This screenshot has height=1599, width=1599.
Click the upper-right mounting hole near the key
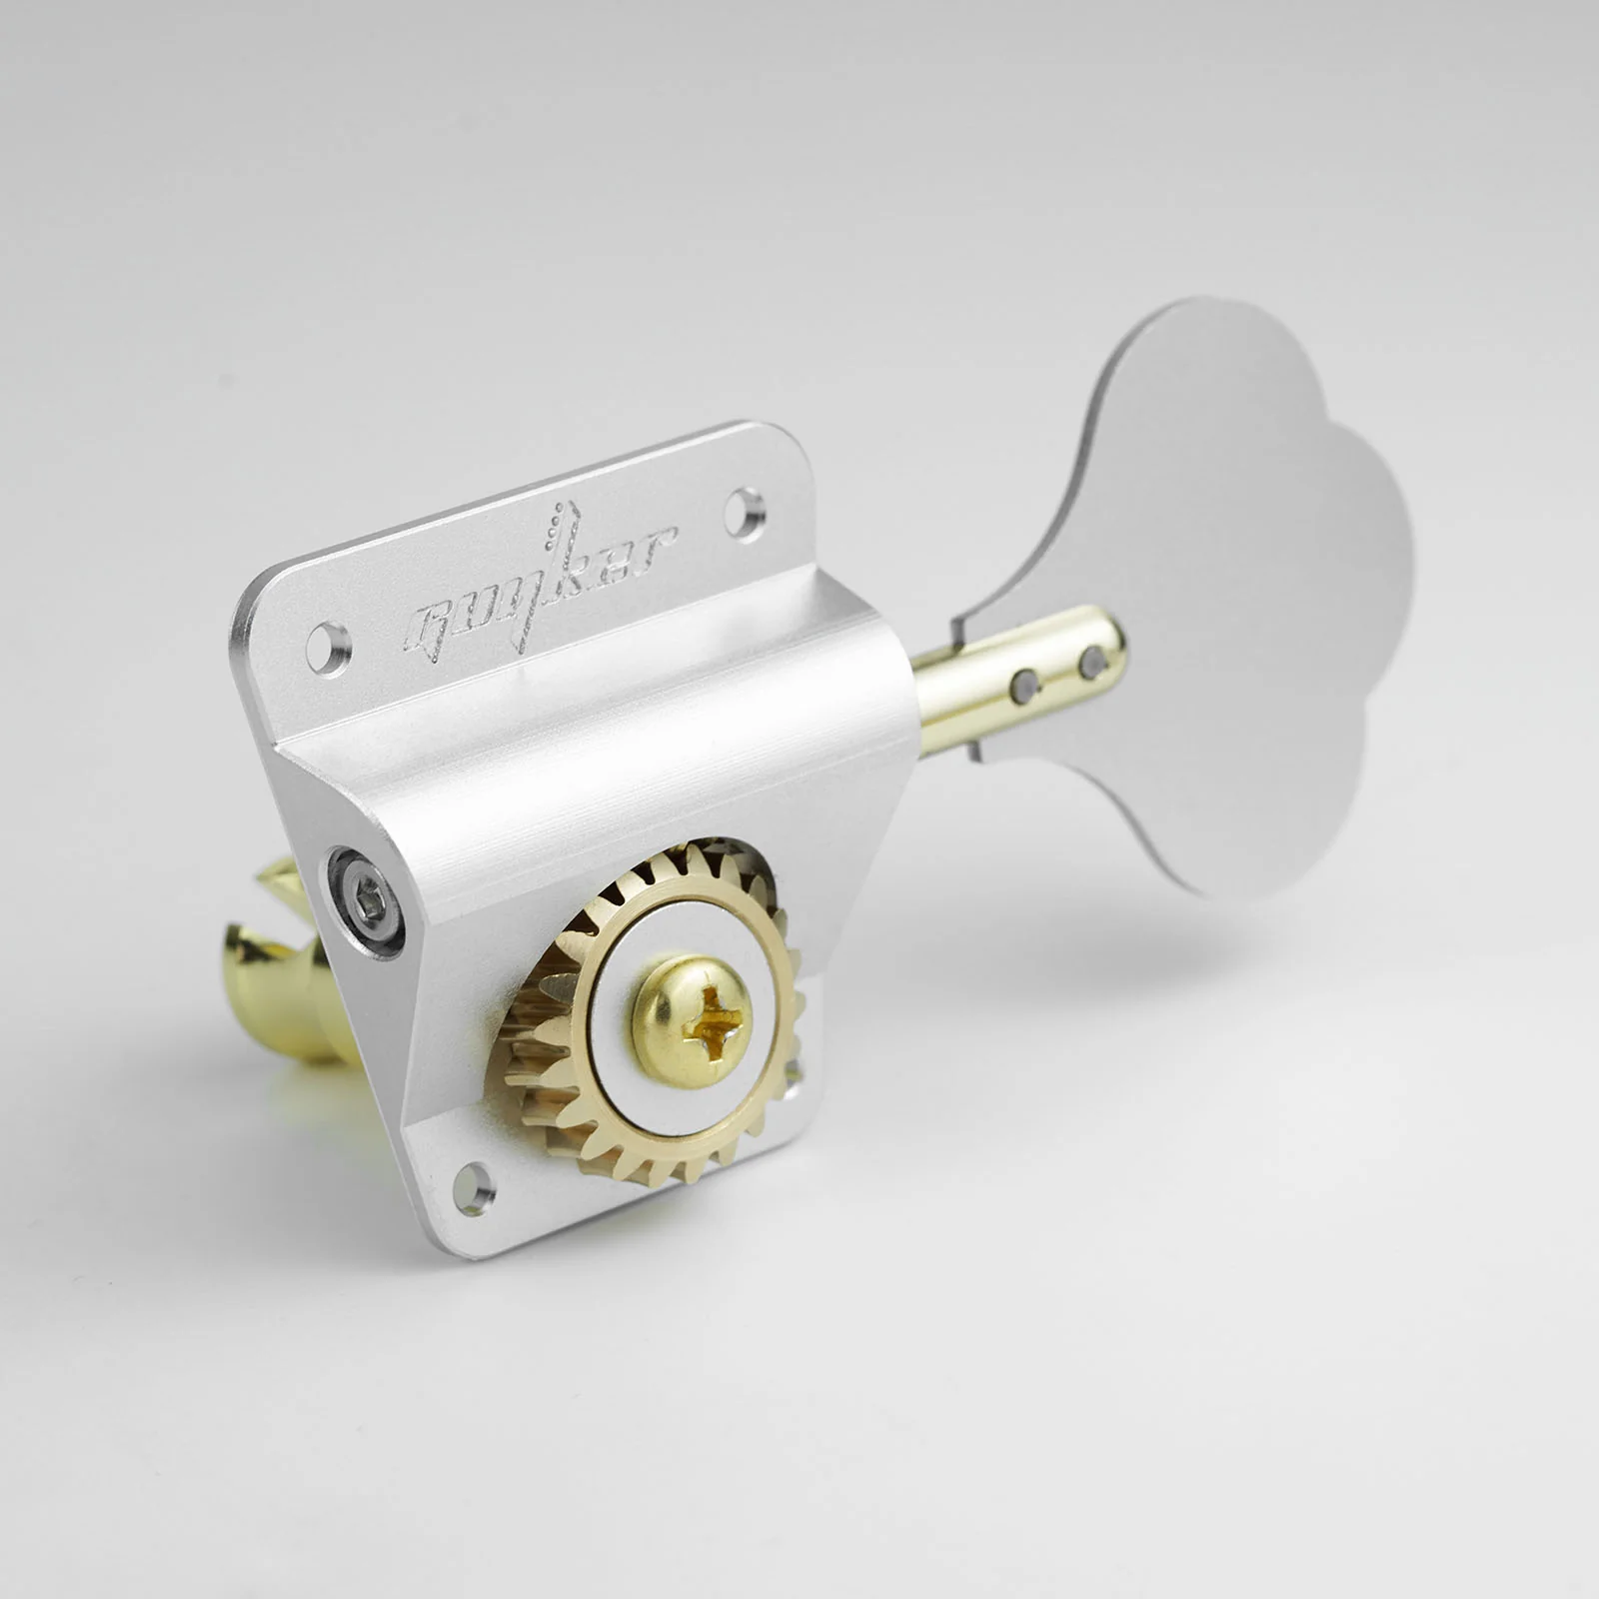tap(746, 505)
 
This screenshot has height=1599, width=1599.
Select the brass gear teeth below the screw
tap(640, 1149)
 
